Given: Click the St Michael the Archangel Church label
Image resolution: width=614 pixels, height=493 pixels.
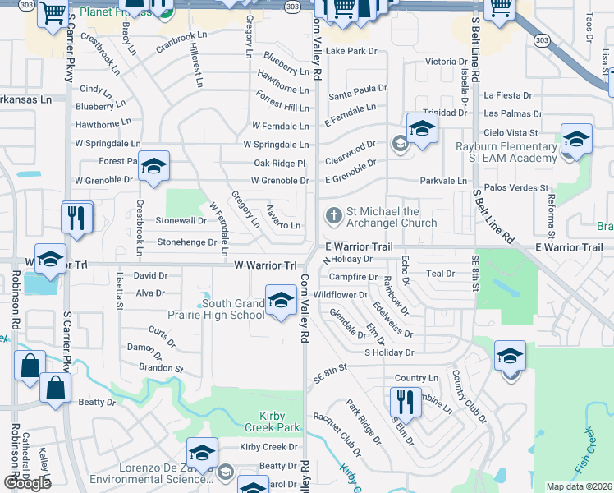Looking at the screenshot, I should click(383, 218).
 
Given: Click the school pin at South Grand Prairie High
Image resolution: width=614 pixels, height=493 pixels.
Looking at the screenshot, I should click(280, 299).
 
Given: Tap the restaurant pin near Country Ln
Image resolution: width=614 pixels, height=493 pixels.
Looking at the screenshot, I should click(405, 403).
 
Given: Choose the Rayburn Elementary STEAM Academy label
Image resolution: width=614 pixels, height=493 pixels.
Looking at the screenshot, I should click(506, 153).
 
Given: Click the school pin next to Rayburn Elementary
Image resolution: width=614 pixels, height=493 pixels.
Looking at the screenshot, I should click(576, 139).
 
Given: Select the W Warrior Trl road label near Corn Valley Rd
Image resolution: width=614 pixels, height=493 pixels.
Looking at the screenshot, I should click(265, 265).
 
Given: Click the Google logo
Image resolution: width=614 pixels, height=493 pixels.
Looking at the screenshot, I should click(27, 483).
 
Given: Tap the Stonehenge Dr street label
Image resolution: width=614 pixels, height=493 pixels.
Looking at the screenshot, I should click(187, 242).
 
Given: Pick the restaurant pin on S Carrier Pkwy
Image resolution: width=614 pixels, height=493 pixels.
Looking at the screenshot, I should click(76, 218).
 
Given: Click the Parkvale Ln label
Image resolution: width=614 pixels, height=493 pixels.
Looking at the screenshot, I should click(443, 181).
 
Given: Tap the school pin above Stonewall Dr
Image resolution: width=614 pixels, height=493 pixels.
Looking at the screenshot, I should click(153, 167).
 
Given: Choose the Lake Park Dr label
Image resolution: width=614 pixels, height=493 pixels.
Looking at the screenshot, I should click(351, 51).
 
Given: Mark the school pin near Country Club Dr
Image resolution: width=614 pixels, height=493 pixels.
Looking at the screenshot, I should click(510, 357).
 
